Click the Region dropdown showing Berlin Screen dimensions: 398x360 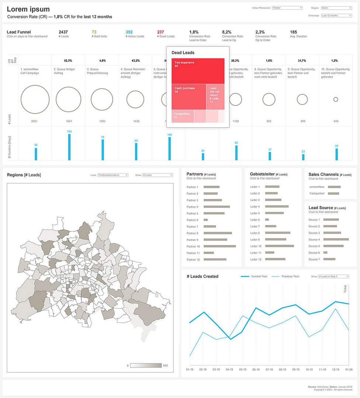(336, 8)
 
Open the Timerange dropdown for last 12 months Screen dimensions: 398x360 (336, 16)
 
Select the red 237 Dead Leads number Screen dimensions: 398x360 (160, 32)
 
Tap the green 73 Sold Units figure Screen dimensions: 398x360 (94, 32)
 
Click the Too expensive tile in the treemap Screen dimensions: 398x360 (198, 71)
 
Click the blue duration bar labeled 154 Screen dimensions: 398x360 (69, 147)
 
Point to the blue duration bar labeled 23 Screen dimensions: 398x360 (303, 157)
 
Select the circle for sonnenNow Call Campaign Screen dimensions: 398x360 (35, 99)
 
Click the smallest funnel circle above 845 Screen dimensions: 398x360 (336, 99)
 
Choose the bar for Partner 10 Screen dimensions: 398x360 (219, 246)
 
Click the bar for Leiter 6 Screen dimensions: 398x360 (267, 220)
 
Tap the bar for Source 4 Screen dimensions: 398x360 (336, 240)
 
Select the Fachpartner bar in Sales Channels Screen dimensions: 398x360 (333, 193)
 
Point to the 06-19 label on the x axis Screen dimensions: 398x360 (256, 369)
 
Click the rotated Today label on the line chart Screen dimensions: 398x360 (345, 289)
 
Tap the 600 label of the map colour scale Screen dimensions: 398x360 (166, 366)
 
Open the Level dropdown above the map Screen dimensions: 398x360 (113, 175)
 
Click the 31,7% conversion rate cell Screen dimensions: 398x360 (302, 60)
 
